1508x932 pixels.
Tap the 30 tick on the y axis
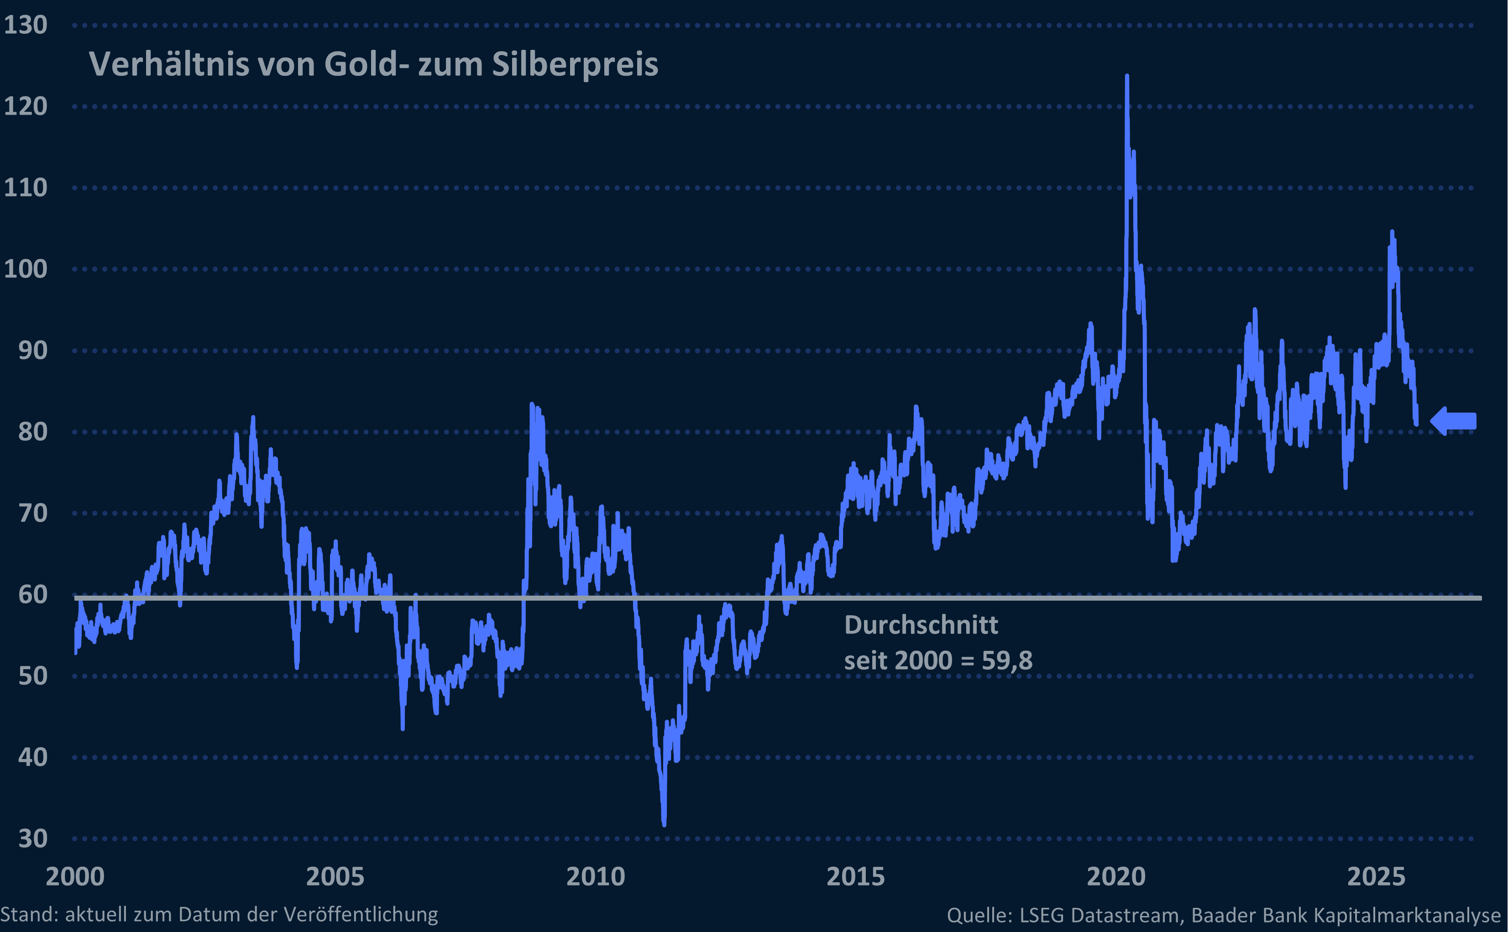click(33, 839)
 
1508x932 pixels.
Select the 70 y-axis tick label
click(33, 513)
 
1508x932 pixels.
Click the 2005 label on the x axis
click(335, 876)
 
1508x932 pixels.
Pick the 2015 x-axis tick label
click(855, 876)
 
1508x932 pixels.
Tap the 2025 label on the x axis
click(1376, 876)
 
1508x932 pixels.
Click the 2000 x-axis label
click(75, 876)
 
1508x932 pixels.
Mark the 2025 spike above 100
click(1392, 233)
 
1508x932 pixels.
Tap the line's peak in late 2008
click(532, 405)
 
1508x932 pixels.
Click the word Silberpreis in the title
click(575, 64)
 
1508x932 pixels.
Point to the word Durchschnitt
click(921, 625)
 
